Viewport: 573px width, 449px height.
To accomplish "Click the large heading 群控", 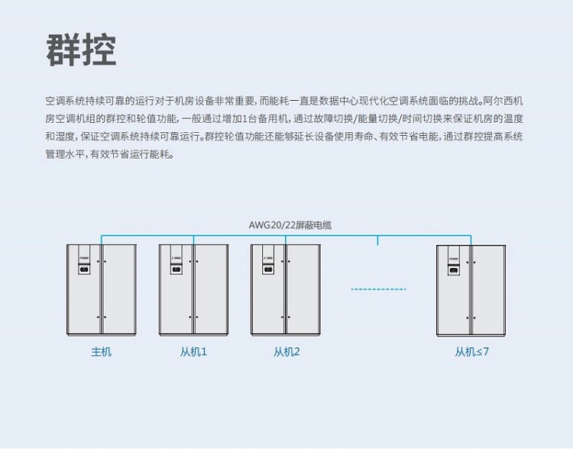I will [81, 50].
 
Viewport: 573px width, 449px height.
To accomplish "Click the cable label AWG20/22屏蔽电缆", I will [290, 225].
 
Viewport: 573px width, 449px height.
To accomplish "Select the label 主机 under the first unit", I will [101, 352].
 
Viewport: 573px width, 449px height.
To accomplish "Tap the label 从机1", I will [193, 352].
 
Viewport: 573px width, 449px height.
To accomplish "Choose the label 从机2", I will [286, 352].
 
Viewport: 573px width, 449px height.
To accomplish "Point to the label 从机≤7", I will [471, 352].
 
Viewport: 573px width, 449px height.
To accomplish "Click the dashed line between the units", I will [379, 289].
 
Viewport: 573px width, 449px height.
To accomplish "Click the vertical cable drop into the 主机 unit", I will [101, 239].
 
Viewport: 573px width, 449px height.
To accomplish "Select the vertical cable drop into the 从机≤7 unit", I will [471, 239].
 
